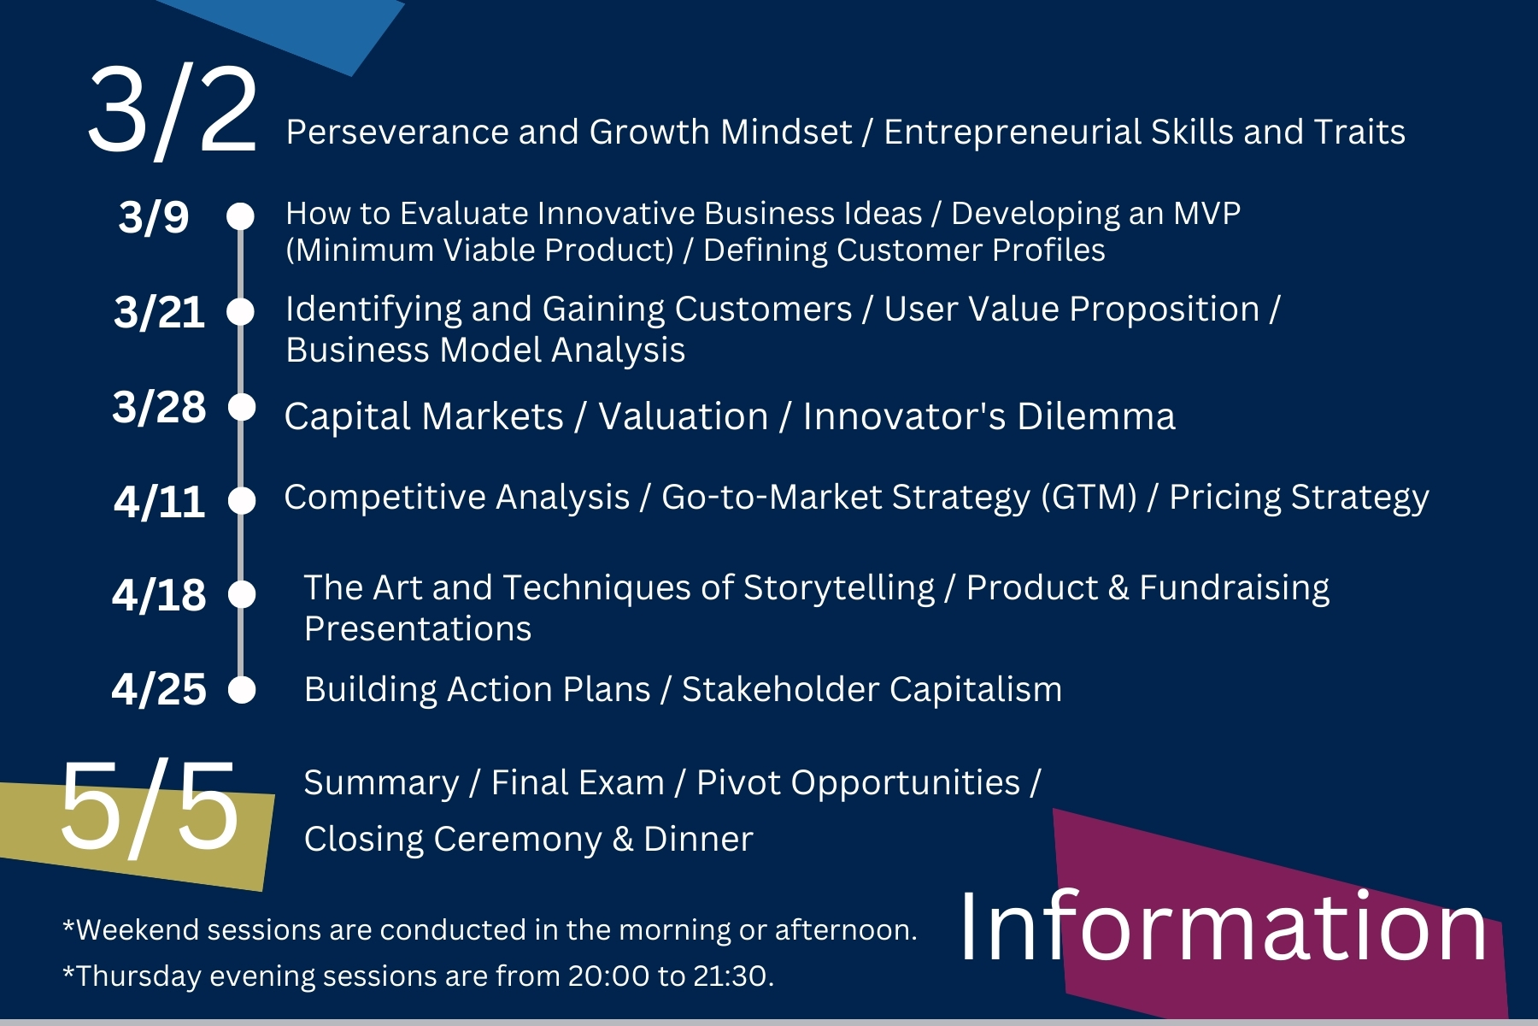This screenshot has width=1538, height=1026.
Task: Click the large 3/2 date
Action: tap(173, 111)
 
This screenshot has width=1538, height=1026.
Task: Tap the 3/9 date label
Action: tap(154, 217)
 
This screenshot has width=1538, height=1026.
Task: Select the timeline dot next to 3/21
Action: tap(241, 312)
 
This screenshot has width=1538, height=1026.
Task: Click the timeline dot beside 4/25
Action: tap(243, 689)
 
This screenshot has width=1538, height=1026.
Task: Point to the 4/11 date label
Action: tap(159, 501)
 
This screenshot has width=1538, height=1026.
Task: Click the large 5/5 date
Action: tap(150, 807)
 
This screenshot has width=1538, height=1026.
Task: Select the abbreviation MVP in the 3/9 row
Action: tap(1206, 213)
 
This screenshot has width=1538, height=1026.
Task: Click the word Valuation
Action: tap(684, 417)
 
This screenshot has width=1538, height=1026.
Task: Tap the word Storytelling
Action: tap(839, 588)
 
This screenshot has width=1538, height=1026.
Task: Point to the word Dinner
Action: tap(698, 839)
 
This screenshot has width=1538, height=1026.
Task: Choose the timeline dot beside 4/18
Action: tap(243, 594)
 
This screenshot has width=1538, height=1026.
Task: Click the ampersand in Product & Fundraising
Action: tap(1118, 588)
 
